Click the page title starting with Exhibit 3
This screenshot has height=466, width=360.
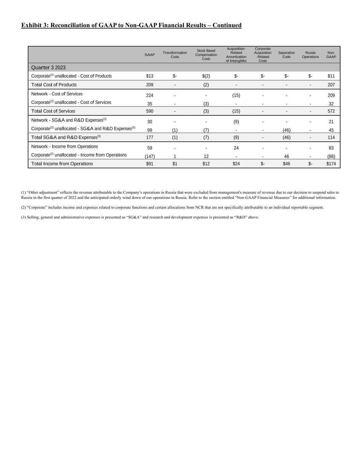coord(131,25)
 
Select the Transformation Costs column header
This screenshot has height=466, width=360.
coord(175,55)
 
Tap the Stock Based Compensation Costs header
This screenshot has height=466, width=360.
coord(206,55)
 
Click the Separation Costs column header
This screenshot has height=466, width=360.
coord(286,55)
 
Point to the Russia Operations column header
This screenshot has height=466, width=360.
coord(310,55)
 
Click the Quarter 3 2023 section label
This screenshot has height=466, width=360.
coord(48,68)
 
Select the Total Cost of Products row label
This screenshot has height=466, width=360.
coord(54,85)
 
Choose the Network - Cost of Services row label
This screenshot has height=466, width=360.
coord(57,94)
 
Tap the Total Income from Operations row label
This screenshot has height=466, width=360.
coord(62,164)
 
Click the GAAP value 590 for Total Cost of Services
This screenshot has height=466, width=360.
coord(149,111)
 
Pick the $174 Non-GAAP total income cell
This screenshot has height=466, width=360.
coord(331,164)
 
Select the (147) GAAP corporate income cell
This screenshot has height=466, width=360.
coord(149,156)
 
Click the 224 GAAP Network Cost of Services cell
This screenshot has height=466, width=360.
coord(149,95)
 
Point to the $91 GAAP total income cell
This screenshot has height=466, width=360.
coord(149,164)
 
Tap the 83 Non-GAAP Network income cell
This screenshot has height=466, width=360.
coord(331,148)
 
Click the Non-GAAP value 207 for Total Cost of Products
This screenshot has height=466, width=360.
coord(331,85)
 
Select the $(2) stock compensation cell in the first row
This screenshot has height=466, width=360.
coord(206,76)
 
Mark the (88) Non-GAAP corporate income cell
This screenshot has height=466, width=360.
coord(331,156)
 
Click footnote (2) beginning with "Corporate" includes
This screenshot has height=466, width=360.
coord(172,207)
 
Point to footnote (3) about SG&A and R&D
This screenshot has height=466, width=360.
coord(140,217)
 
